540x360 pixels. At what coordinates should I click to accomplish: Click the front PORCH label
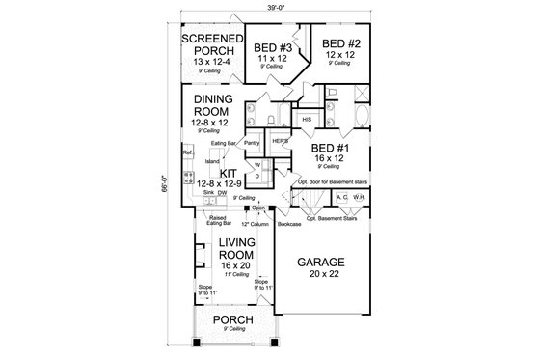pos(231,319)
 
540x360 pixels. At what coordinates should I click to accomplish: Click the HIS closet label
pos(307,119)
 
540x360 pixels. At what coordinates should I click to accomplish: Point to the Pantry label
pos(252,143)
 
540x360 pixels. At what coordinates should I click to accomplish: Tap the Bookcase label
pos(288,224)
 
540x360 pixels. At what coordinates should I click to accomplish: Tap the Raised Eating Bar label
pos(219,221)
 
